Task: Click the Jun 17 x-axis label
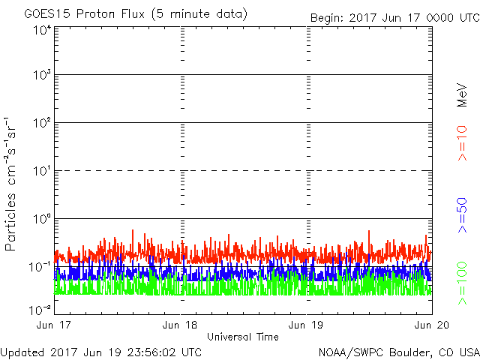tap(55, 325)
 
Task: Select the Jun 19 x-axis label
tap(306, 325)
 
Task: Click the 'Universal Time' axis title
tap(242, 337)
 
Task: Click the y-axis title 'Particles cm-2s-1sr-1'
tap(13, 183)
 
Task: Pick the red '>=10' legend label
tap(463, 143)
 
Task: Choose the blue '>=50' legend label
tap(463, 214)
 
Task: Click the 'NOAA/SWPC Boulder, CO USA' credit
tap(398, 352)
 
